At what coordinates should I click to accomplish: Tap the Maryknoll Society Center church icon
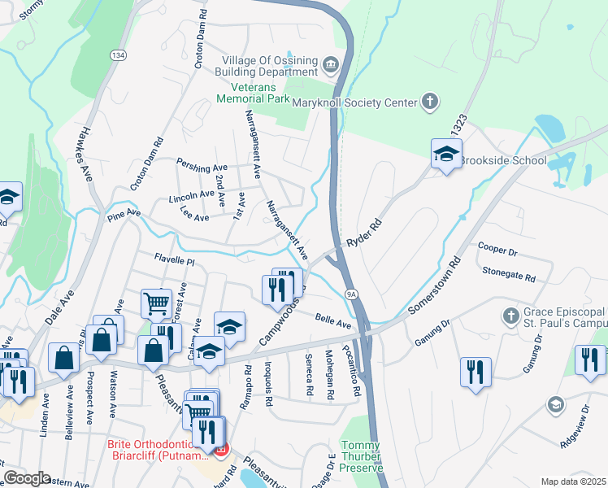click(x=430, y=102)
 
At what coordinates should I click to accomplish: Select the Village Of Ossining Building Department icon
click(x=331, y=64)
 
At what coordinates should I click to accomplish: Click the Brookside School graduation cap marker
click(x=445, y=155)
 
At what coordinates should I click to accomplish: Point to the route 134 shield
click(x=119, y=54)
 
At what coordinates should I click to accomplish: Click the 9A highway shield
click(x=351, y=294)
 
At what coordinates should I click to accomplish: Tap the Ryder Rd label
click(x=363, y=232)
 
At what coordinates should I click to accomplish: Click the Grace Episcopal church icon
click(x=510, y=314)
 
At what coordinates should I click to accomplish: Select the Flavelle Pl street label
click(x=175, y=259)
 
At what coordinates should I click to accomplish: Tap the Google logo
click(x=27, y=478)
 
